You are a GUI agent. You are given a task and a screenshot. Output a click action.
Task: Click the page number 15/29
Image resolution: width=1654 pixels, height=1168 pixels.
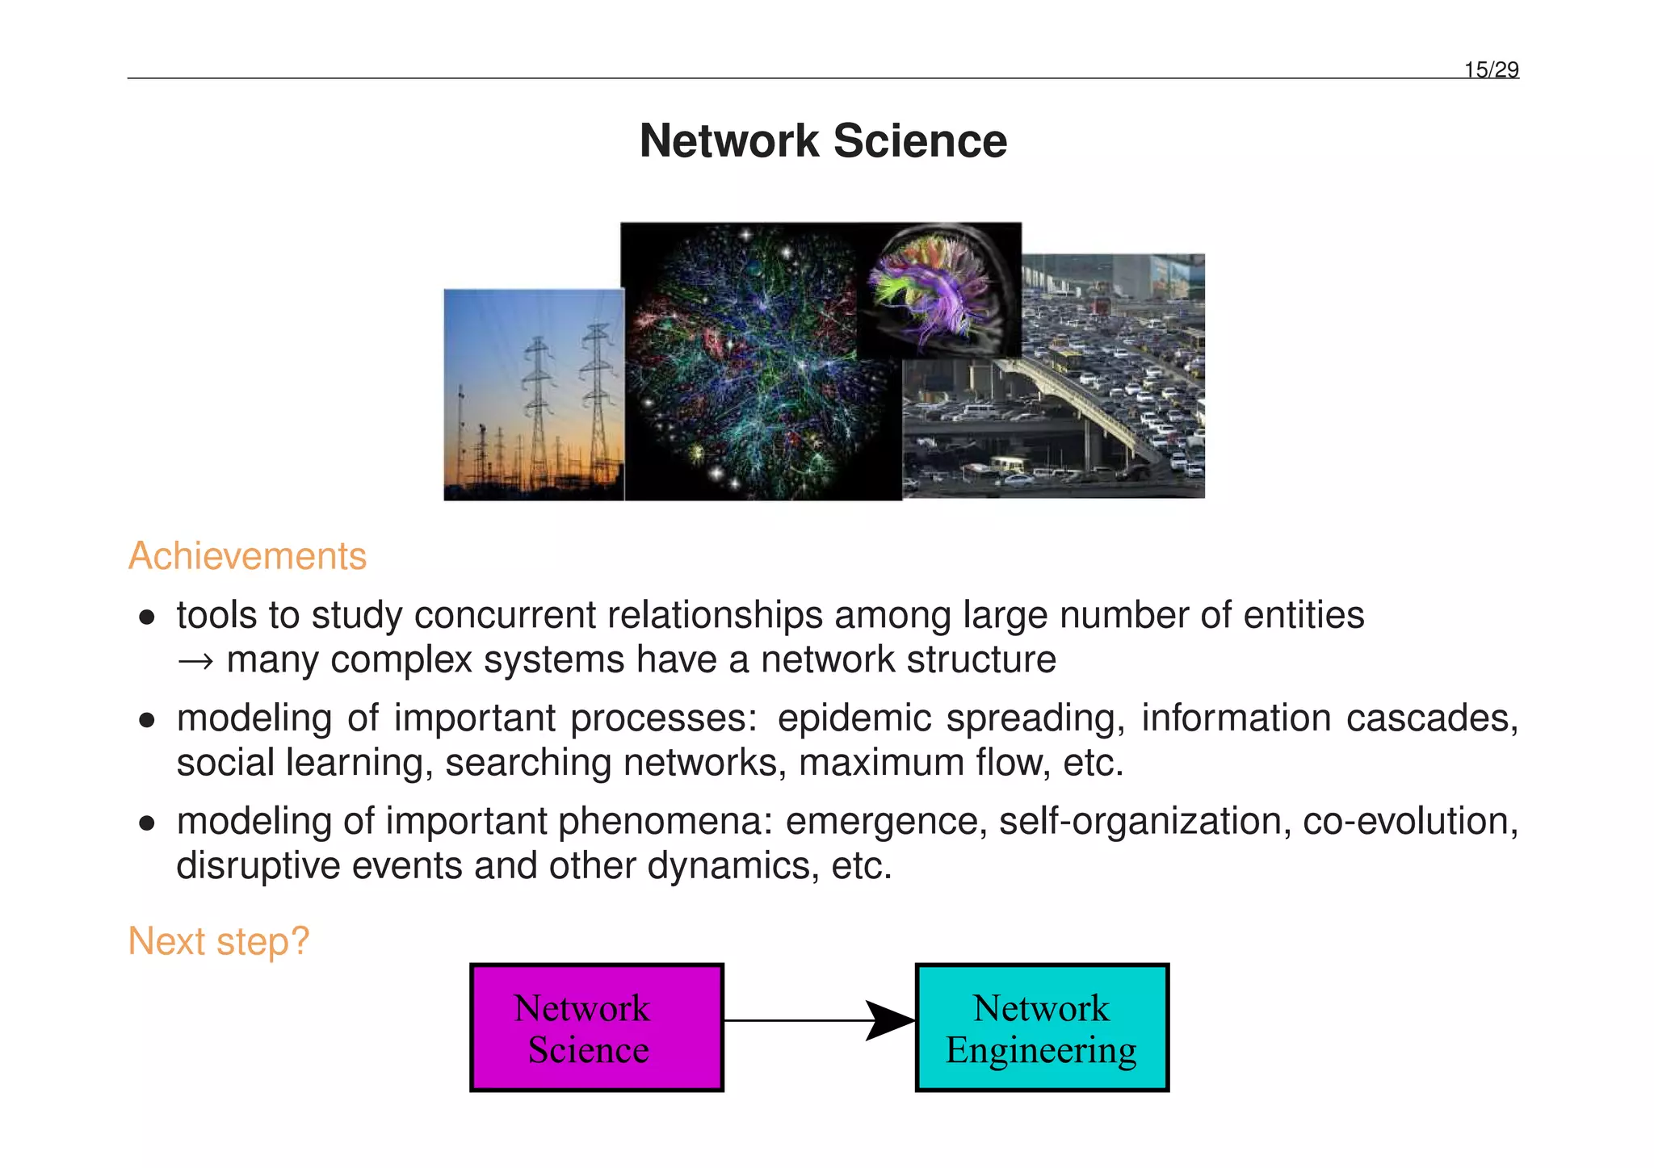[x=1491, y=70]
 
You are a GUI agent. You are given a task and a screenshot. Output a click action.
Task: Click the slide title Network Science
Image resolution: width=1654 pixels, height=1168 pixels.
[x=823, y=140]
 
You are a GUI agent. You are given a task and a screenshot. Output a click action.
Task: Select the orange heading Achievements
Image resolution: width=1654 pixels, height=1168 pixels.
[x=247, y=556]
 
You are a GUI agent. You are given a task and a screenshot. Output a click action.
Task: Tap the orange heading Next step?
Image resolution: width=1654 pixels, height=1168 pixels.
[x=219, y=941]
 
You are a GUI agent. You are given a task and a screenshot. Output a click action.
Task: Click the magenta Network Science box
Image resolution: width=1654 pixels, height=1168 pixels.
[x=597, y=1028]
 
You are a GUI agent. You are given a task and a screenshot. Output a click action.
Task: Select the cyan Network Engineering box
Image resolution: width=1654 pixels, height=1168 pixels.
[x=1042, y=1028]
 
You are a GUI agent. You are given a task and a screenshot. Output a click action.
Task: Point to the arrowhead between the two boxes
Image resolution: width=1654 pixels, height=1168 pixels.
[x=889, y=1020]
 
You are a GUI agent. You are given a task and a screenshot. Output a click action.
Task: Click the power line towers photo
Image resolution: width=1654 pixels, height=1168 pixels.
[x=533, y=395]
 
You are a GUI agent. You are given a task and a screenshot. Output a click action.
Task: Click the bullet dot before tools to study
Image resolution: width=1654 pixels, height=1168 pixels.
[x=146, y=617]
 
